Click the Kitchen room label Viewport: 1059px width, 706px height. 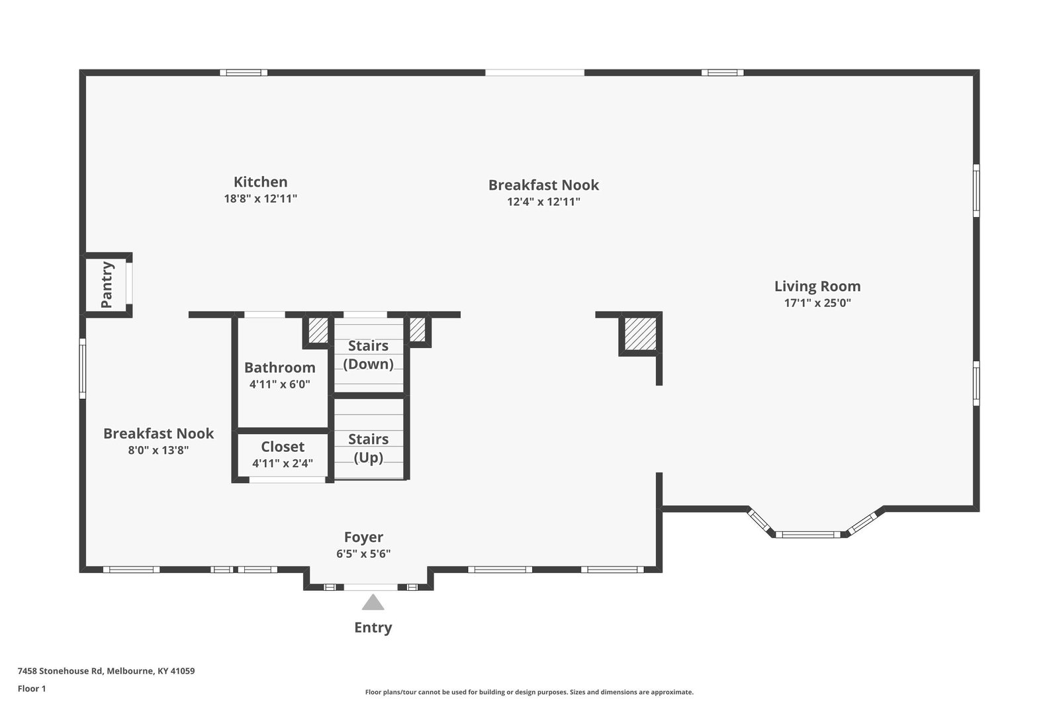261,182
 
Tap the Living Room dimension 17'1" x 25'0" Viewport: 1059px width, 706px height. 817,303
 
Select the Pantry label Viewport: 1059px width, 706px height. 107,285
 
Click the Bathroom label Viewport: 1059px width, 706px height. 280,367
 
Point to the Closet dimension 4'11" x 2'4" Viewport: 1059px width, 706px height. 283,463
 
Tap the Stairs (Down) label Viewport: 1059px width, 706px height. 368,355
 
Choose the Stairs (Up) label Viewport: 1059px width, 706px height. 368,449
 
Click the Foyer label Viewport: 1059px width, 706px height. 363,537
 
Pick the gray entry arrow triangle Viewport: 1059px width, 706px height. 373,603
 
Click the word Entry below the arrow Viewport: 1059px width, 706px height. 373,627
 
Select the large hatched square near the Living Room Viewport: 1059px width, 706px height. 640,334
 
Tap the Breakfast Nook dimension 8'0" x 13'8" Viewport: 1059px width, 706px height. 158,450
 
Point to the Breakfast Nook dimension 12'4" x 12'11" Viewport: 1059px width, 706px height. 543,202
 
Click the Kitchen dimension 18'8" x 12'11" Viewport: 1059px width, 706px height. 261,199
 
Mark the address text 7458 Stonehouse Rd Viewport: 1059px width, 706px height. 60,671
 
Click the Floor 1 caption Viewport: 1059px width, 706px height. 32,689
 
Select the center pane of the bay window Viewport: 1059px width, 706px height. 808,535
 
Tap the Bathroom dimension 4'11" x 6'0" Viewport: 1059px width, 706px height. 280,384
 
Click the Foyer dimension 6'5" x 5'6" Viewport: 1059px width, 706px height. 363,554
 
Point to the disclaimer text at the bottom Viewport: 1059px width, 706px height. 529,692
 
